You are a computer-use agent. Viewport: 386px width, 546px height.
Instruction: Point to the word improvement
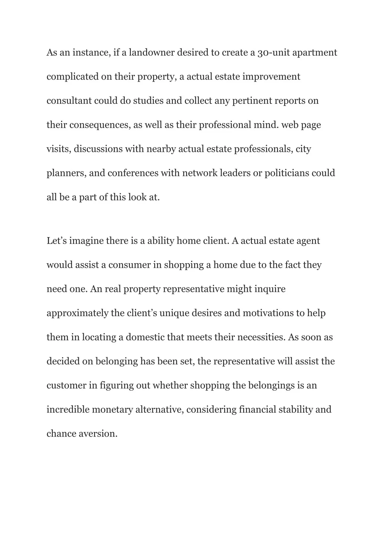[271, 77]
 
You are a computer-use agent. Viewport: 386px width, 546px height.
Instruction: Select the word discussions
[98, 149]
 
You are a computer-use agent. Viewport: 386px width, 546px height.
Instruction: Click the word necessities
[261, 337]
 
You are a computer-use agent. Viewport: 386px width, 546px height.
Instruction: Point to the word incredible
[68, 410]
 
